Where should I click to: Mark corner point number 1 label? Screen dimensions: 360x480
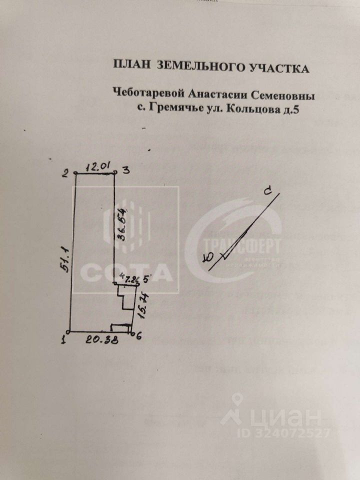click(x=63, y=340)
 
